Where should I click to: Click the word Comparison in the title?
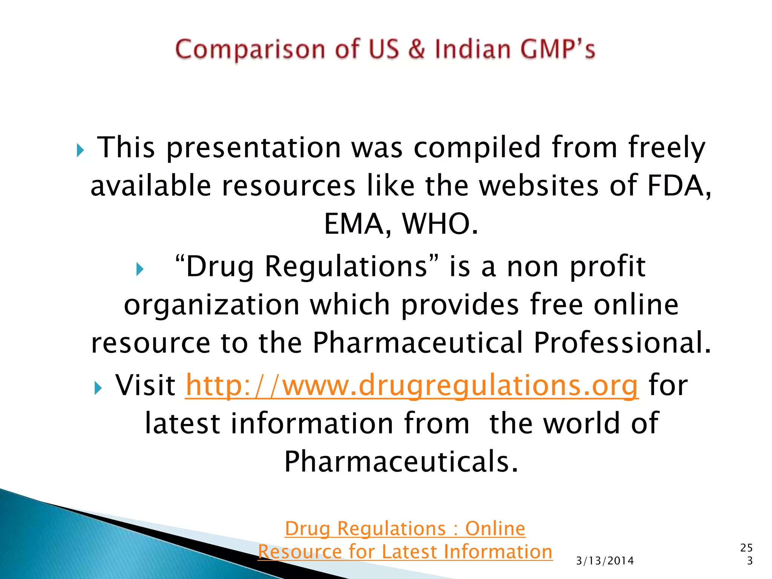click(x=250, y=50)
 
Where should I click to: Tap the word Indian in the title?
click(x=473, y=49)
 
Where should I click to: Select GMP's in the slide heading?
click(x=558, y=49)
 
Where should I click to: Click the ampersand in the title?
click(x=416, y=49)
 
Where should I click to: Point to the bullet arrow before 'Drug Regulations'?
click(x=140, y=269)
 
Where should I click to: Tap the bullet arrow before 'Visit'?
click(x=98, y=388)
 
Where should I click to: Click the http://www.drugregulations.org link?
click(x=412, y=385)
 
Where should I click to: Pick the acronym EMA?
click(x=353, y=224)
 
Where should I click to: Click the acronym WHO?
click(x=440, y=224)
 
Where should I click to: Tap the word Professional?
click(x=622, y=343)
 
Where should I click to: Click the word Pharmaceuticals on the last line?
click(x=401, y=461)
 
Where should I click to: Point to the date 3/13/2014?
click(x=605, y=561)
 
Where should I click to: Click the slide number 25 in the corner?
click(x=746, y=548)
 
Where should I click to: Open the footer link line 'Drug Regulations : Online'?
click(x=405, y=528)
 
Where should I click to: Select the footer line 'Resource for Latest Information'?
click(x=405, y=552)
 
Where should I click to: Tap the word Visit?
click(x=145, y=385)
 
